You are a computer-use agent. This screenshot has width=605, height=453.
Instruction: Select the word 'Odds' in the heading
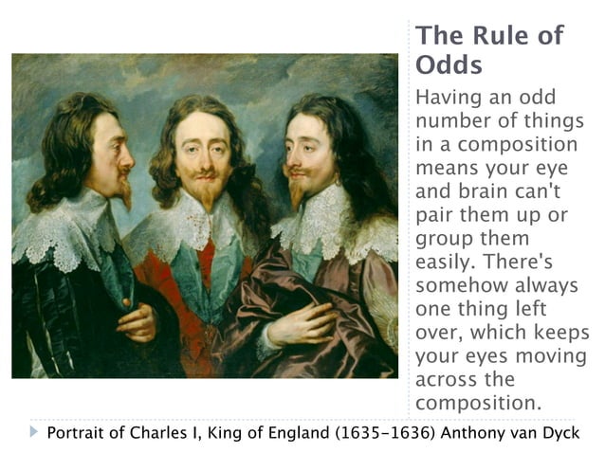[449, 66]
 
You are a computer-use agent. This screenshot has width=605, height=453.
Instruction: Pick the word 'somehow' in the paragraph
[460, 285]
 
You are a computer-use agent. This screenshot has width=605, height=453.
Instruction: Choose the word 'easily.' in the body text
[445, 262]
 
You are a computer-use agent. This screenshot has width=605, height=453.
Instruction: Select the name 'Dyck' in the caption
[560, 434]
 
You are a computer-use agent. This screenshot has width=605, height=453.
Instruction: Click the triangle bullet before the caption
[35, 433]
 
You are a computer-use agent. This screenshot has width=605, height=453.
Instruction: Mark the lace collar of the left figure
[62, 227]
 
